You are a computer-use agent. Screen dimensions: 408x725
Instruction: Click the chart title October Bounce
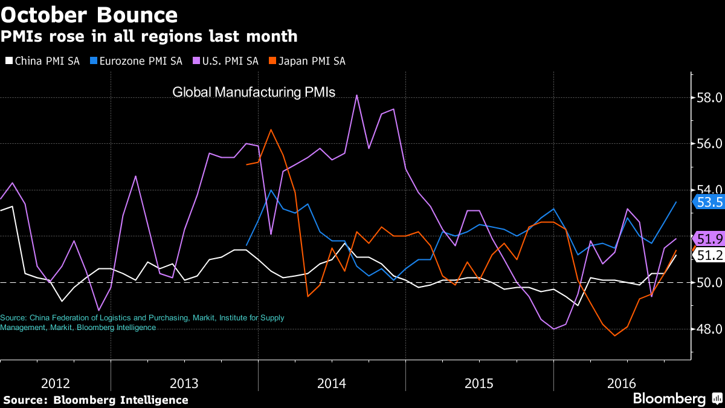(x=89, y=15)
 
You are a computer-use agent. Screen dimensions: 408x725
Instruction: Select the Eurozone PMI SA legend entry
(x=137, y=61)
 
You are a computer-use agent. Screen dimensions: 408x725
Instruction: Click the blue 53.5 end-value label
(x=709, y=202)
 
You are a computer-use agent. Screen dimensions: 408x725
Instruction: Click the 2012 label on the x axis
(x=56, y=383)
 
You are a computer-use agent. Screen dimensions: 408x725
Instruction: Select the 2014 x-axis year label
(x=332, y=383)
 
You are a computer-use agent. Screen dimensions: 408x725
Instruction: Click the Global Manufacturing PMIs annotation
(x=254, y=92)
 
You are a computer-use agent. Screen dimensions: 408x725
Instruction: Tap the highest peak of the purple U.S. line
(x=356, y=95)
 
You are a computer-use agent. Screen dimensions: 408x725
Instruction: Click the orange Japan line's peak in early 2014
(x=271, y=129)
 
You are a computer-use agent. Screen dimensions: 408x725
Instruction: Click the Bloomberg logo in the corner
(x=677, y=399)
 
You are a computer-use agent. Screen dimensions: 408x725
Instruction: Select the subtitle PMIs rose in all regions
(x=149, y=36)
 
